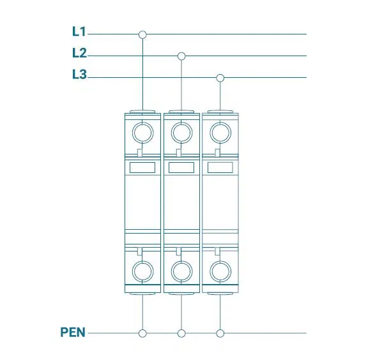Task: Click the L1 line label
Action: tap(79, 31)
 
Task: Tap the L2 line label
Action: tap(79, 53)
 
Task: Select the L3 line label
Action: tap(79, 74)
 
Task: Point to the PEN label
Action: tap(73, 333)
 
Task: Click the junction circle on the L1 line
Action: tap(142, 34)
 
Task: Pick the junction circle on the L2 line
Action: tap(181, 56)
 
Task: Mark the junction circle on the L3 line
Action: tap(220, 78)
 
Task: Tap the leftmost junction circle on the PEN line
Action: tap(142, 333)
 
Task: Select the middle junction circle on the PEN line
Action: tap(181, 333)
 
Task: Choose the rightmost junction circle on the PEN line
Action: tap(220, 333)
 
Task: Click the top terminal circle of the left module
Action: tap(132, 133)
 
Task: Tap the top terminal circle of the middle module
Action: tap(171, 133)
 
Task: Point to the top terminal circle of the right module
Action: tap(210, 133)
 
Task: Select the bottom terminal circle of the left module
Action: tap(132, 272)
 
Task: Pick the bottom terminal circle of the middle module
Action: tap(171, 272)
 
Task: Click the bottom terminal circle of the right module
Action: tap(210, 272)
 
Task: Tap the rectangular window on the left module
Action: tap(142, 167)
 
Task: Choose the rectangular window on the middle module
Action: tap(181, 167)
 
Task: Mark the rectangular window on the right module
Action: tap(220, 167)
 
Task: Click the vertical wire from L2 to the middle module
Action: tap(181, 86)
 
